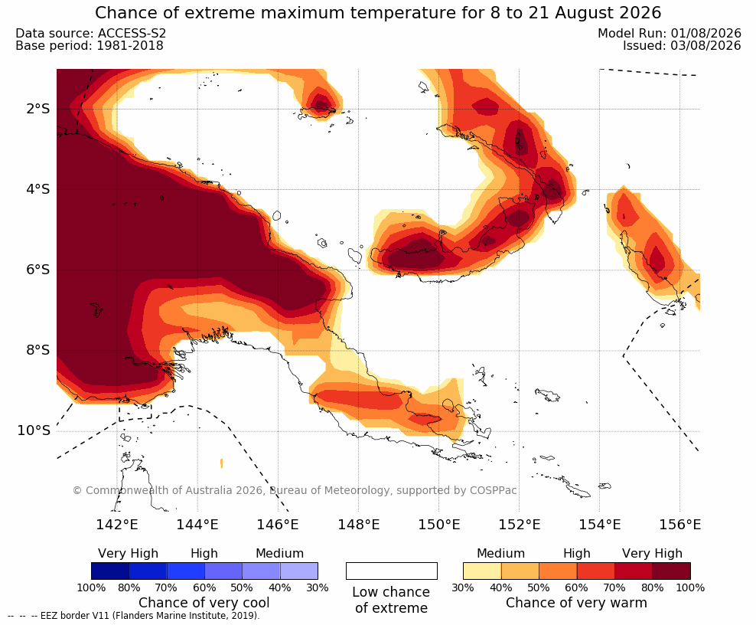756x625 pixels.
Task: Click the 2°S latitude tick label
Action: pyautogui.click(x=37, y=109)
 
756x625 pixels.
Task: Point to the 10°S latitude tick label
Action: pyautogui.click(x=34, y=430)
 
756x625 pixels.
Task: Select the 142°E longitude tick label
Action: pyautogui.click(x=117, y=524)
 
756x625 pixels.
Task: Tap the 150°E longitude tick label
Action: pyautogui.click(x=438, y=524)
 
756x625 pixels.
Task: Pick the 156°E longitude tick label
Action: pyautogui.click(x=679, y=524)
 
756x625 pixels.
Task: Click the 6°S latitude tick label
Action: pyautogui.click(x=37, y=270)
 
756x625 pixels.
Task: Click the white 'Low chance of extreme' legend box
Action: pyautogui.click(x=392, y=571)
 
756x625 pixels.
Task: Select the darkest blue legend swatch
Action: pyautogui.click(x=110, y=571)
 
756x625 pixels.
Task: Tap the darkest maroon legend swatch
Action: pyautogui.click(x=672, y=571)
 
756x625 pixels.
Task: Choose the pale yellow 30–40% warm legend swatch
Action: pyautogui.click(x=482, y=571)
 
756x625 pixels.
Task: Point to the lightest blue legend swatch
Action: pyautogui.click(x=299, y=571)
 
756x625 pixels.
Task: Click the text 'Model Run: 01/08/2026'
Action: pyautogui.click(x=670, y=33)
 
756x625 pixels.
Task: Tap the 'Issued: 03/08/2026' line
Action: pyautogui.click(x=682, y=45)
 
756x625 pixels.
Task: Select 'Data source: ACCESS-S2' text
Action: pyautogui.click(x=90, y=33)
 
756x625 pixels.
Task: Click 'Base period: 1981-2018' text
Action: pyautogui.click(x=90, y=45)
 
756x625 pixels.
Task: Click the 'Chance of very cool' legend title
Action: pyautogui.click(x=204, y=603)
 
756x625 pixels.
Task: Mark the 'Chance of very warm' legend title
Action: pyautogui.click(x=576, y=603)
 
